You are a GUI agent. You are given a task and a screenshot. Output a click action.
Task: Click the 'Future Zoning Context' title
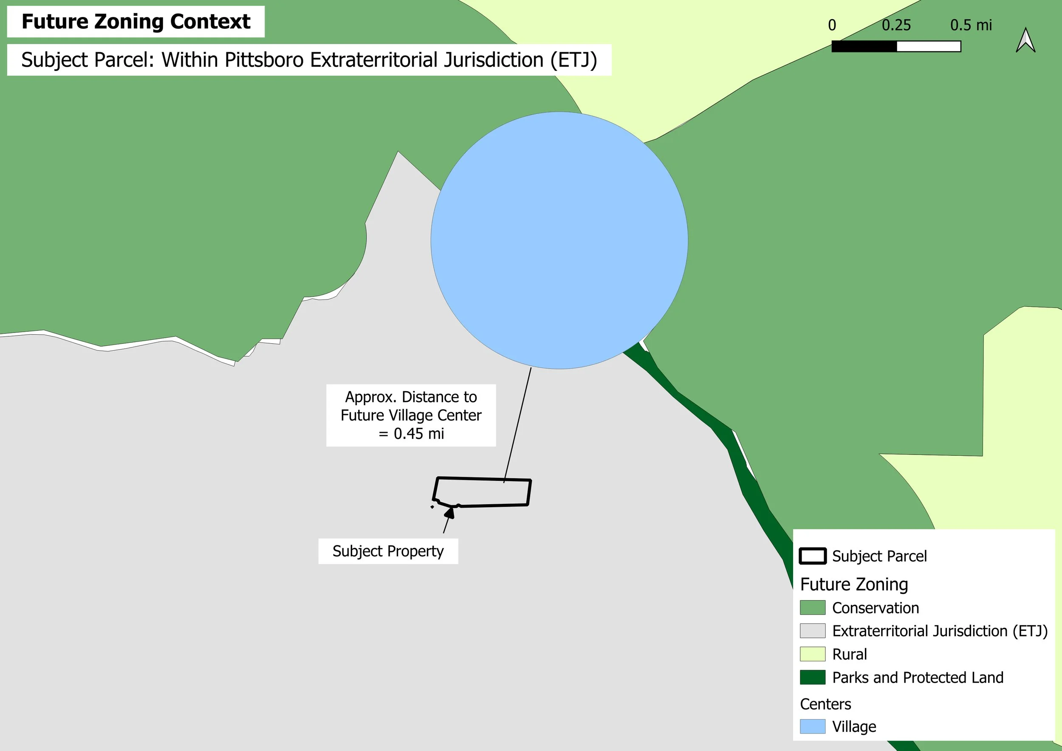[x=136, y=22]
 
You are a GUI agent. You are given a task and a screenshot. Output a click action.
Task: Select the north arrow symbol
[x=1025, y=40]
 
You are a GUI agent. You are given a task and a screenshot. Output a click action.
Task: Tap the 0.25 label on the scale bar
[x=896, y=25]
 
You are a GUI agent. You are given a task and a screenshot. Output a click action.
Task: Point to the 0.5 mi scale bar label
[x=971, y=25]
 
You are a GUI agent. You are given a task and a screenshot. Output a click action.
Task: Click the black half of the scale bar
[x=864, y=46]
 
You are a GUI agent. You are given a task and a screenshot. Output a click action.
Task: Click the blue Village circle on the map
[x=559, y=240]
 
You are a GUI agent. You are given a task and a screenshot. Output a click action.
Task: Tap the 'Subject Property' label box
[x=388, y=551]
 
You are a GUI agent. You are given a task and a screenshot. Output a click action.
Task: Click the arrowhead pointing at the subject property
[x=449, y=512]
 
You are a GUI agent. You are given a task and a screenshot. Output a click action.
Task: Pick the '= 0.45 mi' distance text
[x=411, y=434]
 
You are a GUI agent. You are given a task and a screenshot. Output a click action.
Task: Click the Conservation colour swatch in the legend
[x=813, y=608]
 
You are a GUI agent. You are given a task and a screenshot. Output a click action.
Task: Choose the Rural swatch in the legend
[x=813, y=654]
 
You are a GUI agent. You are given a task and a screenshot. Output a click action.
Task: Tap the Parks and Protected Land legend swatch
[x=813, y=677]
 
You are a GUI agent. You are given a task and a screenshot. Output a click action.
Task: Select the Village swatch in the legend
[x=813, y=726]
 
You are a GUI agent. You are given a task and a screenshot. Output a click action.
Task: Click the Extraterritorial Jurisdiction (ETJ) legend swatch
[x=813, y=631]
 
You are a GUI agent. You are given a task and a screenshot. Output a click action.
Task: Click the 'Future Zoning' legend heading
[x=854, y=584]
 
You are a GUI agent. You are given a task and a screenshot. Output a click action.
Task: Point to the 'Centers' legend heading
[x=826, y=704]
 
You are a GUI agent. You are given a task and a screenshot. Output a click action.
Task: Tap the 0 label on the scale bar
[x=832, y=25]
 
